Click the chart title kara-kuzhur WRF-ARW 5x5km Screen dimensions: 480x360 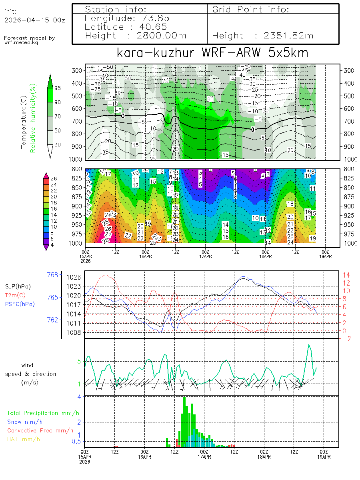pyautogui.click(x=212, y=53)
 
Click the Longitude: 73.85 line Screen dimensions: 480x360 pyautogui.click(x=127, y=18)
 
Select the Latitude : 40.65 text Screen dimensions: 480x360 pyautogui.click(x=127, y=27)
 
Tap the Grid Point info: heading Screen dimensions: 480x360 pyautogui.click(x=251, y=9)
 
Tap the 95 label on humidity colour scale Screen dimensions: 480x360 pyautogui.click(x=58, y=88)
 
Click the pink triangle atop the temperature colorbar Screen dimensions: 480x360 pyautogui.click(x=46, y=175)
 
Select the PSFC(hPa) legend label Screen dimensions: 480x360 pyautogui.click(x=20, y=304)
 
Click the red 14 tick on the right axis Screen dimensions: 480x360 pyautogui.click(x=346, y=275)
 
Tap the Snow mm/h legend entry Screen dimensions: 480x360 pyautogui.click(x=25, y=422)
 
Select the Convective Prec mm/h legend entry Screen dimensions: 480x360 pyautogui.click(x=40, y=430)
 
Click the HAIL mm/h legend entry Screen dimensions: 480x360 pyautogui.click(x=24, y=439)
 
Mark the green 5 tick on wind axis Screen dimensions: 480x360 pyautogui.click(x=79, y=362)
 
